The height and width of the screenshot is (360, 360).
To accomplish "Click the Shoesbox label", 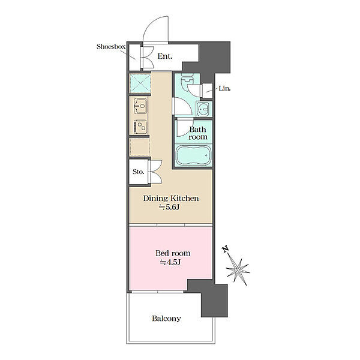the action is (x=111, y=47).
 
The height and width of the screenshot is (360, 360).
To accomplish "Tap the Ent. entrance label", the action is (x=165, y=56).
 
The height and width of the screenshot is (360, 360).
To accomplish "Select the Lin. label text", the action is (x=224, y=88).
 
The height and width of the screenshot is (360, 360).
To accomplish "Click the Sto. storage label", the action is (x=138, y=172).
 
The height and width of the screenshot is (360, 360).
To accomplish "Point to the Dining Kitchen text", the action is (x=171, y=199).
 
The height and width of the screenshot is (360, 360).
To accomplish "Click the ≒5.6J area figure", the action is (x=169, y=208).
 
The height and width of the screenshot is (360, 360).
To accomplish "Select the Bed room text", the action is (x=173, y=253).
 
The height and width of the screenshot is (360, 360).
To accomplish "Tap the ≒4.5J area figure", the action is (x=170, y=262).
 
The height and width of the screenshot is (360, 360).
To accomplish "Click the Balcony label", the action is (x=166, y=319).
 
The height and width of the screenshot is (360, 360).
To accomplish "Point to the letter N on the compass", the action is (x=226, y=249).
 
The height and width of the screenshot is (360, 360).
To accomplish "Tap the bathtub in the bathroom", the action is (x=193, y=155).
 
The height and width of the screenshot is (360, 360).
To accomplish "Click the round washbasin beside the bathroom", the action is (x=203, y=109).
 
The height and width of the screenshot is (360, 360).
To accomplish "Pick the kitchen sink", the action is (x=140, y=106).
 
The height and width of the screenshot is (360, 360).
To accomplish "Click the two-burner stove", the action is (x=140, y=127).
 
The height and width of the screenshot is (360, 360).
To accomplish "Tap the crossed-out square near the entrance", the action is (x=140, y=83).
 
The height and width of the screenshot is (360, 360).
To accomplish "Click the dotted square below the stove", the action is (x=140, y=146).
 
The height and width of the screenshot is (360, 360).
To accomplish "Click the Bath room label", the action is (x=197, y=133).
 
